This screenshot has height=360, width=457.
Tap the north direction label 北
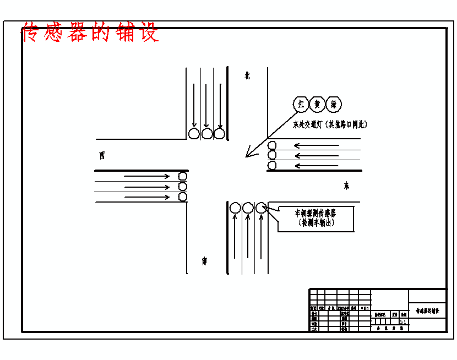[x=248, y=76]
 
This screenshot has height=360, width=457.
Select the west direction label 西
[x=102, y=155]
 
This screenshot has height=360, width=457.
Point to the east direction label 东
[x=346, y=186]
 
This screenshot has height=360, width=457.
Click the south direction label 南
[x=204, y=261]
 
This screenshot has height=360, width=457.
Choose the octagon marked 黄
[x=317, y=104]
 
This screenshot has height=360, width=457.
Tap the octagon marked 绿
[x=334, y=104]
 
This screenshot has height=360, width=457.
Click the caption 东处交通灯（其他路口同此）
[x=330, y=124]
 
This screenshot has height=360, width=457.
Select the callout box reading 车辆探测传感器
[x=315, y=218]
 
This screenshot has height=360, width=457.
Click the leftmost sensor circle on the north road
[x=194, y=133]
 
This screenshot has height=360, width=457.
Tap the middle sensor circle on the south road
[x=248, y=208]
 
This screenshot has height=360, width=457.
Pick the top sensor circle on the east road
[x=272, y=146]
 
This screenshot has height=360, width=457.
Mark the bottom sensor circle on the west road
[x=183, y=197]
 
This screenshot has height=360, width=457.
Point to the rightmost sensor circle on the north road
[x=219, y=133]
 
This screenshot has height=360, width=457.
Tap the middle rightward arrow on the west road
[x=147, y=187]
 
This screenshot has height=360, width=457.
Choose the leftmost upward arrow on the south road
[x=235, y=237]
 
